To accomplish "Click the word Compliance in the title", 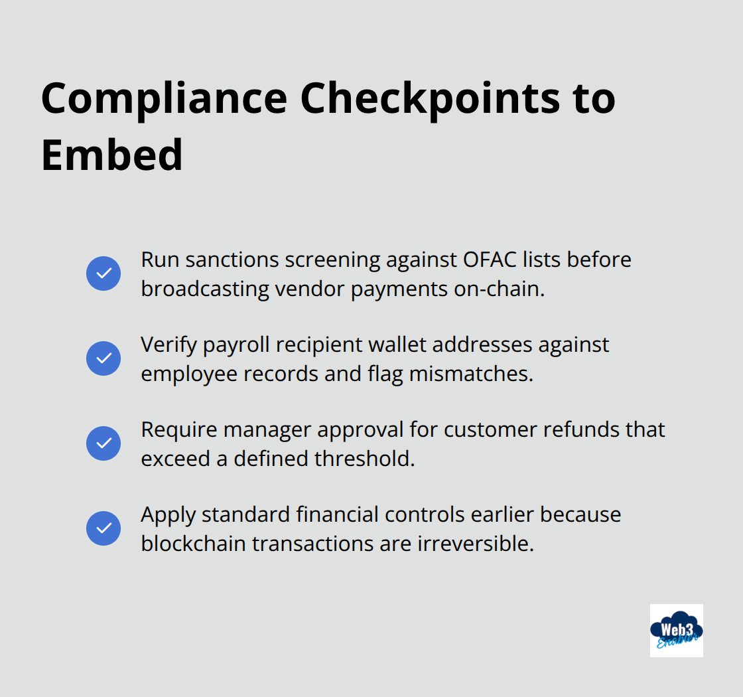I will pos(164,98).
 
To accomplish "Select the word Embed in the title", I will pos(111,155).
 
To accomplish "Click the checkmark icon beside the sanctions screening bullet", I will pos(103,273).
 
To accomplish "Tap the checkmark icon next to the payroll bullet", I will pos(103,358).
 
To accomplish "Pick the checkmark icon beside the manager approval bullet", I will pos(103,443).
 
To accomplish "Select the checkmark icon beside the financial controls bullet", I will pos(103,528).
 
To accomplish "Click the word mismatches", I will pos(470,374).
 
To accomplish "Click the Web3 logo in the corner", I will pos(676,630).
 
